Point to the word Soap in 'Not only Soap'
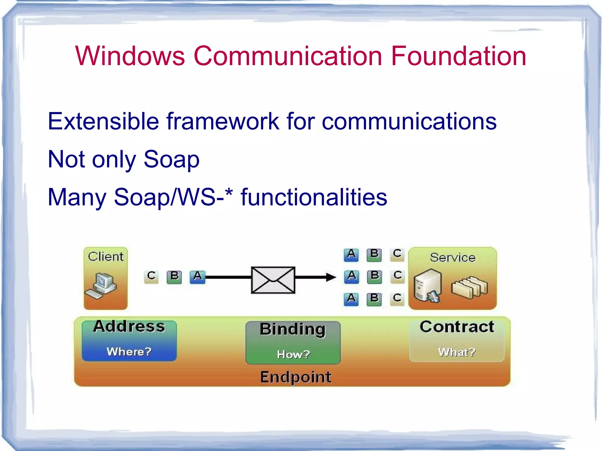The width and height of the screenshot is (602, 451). pos(171,160)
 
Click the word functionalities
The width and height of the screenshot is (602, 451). pos(314,197)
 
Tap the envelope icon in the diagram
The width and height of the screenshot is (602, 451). pos(273,280)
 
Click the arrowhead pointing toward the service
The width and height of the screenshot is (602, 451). pos(331,277)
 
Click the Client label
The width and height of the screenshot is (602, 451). pos(106,256)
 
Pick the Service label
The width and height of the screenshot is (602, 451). pos(452,258)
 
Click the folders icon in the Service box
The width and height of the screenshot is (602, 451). pos(469,287)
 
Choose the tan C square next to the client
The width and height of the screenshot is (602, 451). pos(151,276)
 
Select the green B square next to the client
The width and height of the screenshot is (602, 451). pos(174,277)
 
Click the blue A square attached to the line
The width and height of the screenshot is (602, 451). pos(197,277)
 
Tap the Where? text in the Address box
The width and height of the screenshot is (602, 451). pos(129,351)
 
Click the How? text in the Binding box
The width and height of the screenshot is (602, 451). pos(293,354)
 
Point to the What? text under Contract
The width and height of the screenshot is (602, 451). pos(456,352)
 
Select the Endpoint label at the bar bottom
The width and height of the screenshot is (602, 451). pos(296,377)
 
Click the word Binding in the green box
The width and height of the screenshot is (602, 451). pos(293,329)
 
